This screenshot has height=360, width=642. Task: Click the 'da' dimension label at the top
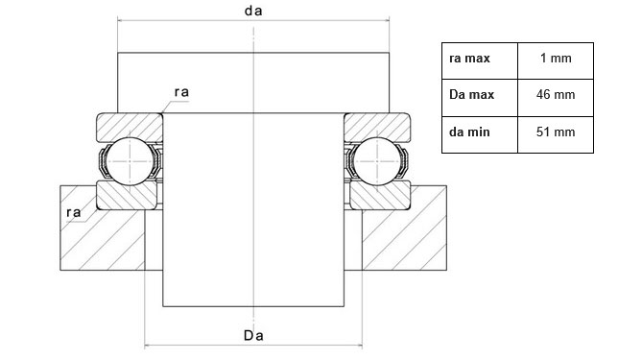pos(253,11)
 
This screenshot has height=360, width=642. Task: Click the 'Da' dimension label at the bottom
pos(253,335)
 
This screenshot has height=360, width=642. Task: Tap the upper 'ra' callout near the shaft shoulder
pos(181,92)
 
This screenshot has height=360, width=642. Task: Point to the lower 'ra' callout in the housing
pos(74,212)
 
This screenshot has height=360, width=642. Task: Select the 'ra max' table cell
pos(469,59)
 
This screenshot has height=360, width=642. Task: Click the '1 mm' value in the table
pos(556,58)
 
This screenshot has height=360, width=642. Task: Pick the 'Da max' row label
pos(472,95)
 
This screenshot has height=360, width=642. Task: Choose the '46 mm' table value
pos(556,95)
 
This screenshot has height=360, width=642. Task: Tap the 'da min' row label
pos(469,132)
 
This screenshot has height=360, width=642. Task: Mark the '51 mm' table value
pos(556,132)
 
